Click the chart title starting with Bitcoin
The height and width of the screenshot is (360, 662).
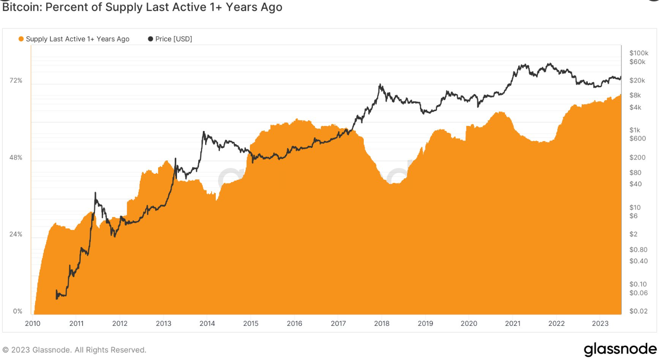(142, 7)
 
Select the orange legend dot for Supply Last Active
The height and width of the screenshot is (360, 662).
(21, 39)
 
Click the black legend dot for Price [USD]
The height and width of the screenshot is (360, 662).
(150, 39)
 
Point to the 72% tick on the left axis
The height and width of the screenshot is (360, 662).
(16, 81)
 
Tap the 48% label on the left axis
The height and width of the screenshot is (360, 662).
(16, 158)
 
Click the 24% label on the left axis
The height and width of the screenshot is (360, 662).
(16, 234)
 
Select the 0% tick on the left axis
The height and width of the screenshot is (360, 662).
(18, 311)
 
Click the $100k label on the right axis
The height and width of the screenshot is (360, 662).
(638, 53)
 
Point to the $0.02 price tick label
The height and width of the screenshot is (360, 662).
(638, 311)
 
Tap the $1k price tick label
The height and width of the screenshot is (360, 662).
(635, 130)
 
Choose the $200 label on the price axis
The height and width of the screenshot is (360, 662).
(638, 157)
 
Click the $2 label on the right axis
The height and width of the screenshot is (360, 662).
(633, 234)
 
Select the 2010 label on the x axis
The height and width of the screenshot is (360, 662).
(32, 324)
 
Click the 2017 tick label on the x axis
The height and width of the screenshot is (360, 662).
(338, 324)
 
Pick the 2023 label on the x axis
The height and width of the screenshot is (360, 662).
(600, 324)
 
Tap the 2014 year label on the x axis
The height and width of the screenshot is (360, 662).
(207, 324)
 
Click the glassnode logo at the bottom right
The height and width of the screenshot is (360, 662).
(620, 349)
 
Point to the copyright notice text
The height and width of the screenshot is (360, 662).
(74, 350)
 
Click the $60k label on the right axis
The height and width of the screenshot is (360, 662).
(638, 62)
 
